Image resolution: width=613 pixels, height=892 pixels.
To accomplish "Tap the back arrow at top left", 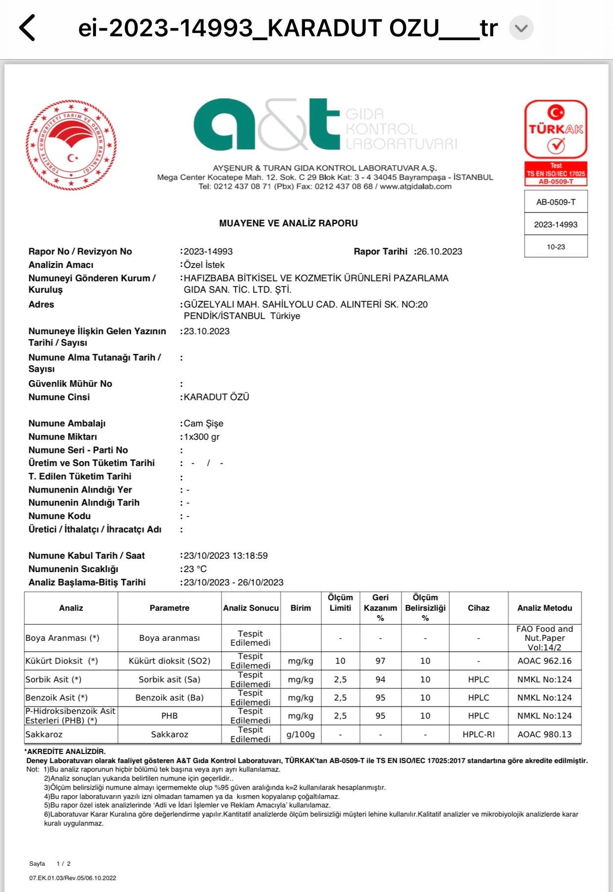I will [28, 28].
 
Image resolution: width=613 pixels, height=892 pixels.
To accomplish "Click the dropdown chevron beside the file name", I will [521, 28].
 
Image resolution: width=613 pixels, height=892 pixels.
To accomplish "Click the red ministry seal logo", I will [71, 145].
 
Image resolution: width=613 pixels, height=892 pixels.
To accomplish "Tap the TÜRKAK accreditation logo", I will [556, 130].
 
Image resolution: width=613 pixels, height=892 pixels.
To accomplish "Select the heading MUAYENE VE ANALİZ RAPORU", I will [288, 223].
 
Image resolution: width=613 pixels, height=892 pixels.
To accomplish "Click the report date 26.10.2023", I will [439, 252].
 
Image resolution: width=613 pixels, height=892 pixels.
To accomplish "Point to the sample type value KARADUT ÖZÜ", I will [217, 397].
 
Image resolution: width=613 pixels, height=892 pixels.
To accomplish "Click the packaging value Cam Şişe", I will [204, 423].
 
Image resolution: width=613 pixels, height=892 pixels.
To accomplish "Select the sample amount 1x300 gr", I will [202, 437].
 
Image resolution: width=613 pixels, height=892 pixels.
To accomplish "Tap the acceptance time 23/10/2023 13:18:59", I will [225, 556].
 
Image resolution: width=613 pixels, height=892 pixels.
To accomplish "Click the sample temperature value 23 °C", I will [195, 569].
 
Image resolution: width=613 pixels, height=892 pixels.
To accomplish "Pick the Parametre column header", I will [170, 608].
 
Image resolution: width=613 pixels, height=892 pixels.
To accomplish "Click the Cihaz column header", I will [479, 608].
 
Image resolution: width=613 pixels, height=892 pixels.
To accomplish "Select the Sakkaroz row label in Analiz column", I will [44, 735].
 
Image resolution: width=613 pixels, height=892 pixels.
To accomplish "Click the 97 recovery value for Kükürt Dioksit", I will [380, 661].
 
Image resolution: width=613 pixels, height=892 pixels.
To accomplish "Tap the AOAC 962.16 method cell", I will [544, 661].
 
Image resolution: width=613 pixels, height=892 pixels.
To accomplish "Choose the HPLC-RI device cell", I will [479, 735].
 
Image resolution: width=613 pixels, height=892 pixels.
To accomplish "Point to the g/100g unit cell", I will [301, 735].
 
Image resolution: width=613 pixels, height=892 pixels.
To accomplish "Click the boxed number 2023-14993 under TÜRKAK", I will [556, 224].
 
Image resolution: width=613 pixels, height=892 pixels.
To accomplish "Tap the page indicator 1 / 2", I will [63, 864].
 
